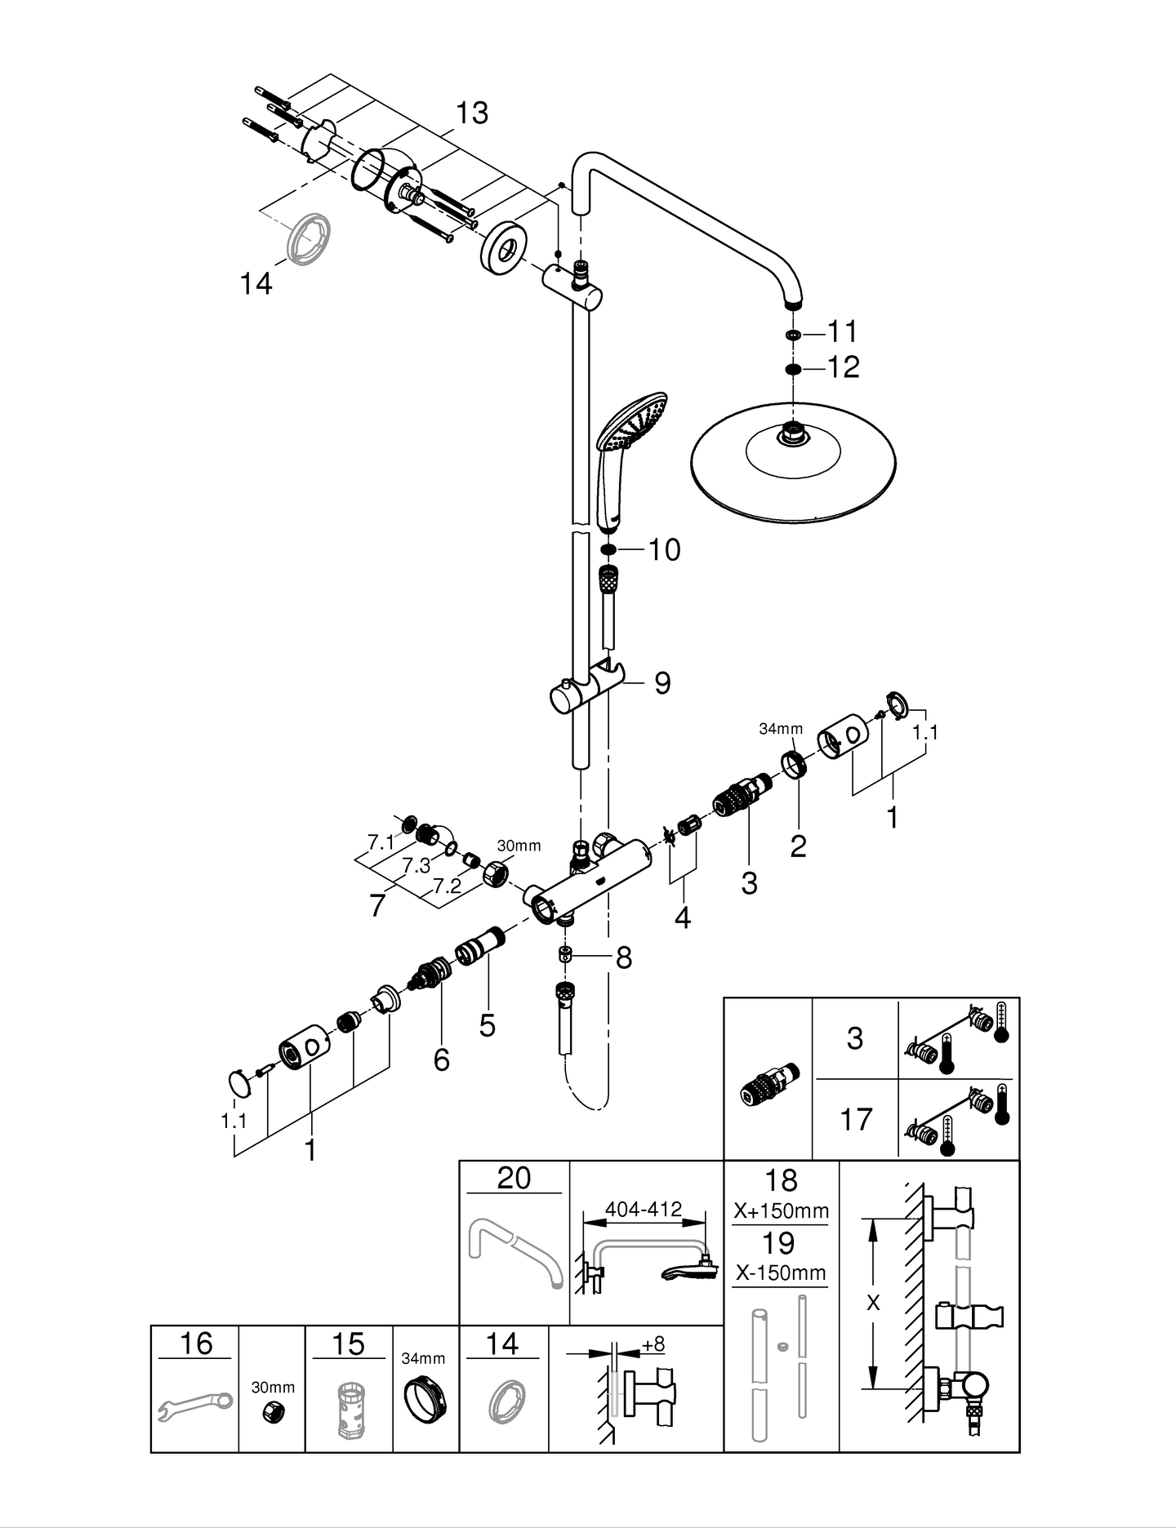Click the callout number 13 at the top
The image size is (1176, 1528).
[x=471, y=113]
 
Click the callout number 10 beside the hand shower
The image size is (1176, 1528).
[x=664, y=550]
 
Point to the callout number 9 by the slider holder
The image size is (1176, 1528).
[x=662, y=683]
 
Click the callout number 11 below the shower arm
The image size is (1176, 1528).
[x=842, y=332]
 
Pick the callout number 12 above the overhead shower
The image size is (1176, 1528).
[x=843, y=367]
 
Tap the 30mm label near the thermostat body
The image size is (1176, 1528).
[x=519, y=846]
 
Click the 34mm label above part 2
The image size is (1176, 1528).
[x=781, y=729]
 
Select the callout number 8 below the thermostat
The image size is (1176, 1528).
[x=624, y=957]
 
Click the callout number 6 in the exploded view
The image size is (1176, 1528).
[x=441, y=1059]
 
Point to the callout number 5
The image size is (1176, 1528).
[x=488, y=1025]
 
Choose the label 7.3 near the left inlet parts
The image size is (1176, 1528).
[x=416, y=866]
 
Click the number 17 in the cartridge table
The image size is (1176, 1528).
[x=855, y=1119]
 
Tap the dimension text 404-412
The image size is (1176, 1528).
[x=644, y=1209]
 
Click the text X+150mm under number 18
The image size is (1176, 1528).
[x=781, y=1210]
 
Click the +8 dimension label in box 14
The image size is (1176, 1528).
[x=653, y=1344]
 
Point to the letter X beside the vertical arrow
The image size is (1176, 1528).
[x=873, y=1304]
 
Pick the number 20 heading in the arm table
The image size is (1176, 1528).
[x=514, y=1178]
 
